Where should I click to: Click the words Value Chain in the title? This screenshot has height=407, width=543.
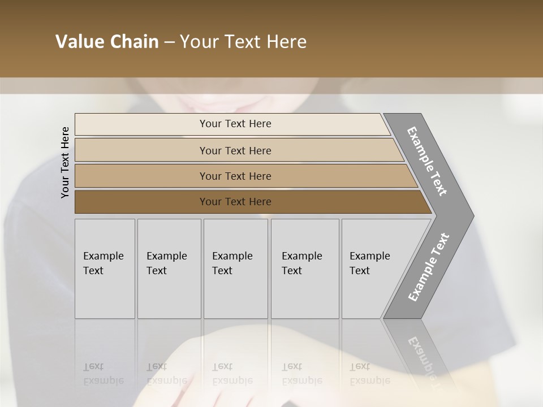[x=107, y=42]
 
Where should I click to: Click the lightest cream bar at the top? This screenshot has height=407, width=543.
[x=141, y=124]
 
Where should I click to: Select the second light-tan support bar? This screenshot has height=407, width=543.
[x=141, y=150]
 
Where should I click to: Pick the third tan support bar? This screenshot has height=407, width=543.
[x=141, y=176]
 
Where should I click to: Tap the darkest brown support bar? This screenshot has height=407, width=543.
[x=141, y=202]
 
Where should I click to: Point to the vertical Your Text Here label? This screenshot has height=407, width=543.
[x=65, y=162]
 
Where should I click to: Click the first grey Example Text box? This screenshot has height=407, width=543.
[x=105, y=269]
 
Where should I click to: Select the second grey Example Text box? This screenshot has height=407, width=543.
[x=169, y=269]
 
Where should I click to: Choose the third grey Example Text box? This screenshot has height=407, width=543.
[x=235, y=269]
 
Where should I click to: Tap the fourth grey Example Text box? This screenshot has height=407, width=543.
[x=305, y=269]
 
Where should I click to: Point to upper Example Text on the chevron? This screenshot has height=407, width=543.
[x=427, y=161]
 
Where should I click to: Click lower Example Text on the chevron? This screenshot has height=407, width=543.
[x=428, y=267]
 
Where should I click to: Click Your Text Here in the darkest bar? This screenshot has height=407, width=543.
[x=235, y=202]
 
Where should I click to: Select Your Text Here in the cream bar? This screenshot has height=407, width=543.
[x=235, y=124]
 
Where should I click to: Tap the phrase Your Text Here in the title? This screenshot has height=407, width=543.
[x=243, y=42]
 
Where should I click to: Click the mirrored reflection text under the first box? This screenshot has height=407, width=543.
[x=103, y=374]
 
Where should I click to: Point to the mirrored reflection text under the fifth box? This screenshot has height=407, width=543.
[x=369, y=374]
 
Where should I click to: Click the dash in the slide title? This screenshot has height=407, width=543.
[x=169, y=42]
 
